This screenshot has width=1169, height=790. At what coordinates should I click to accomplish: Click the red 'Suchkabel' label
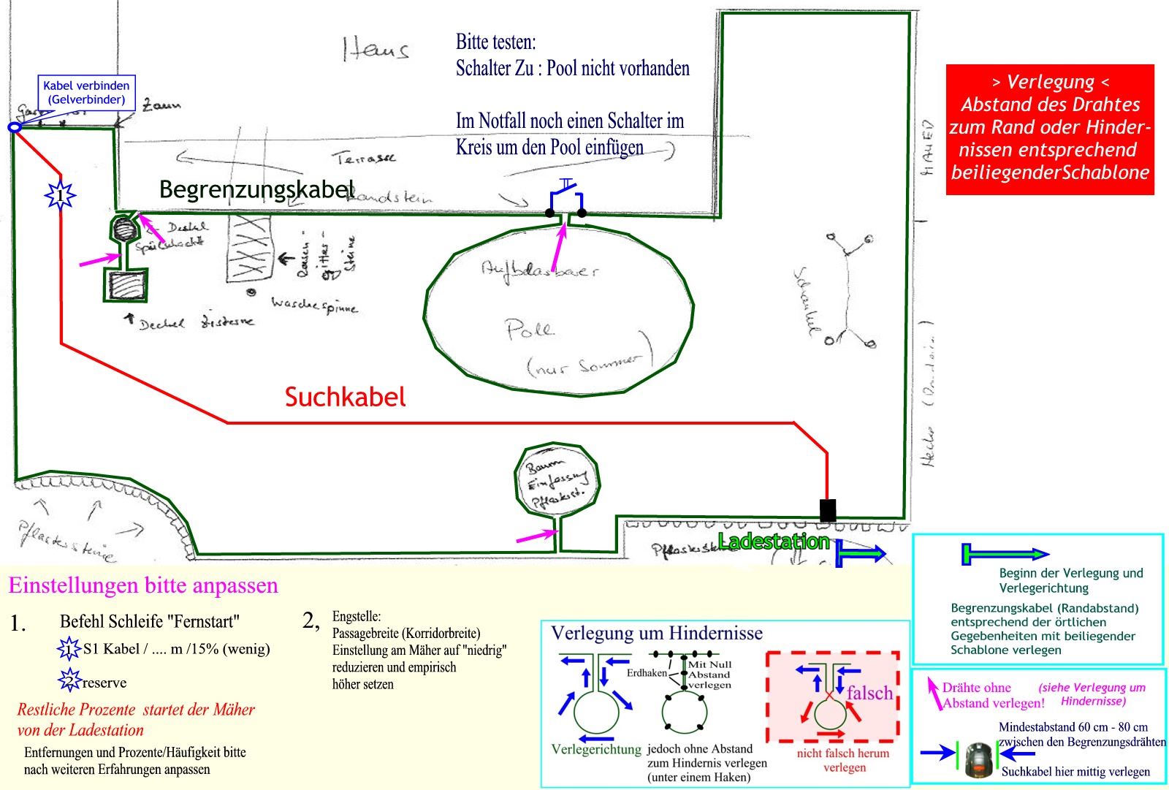[x=345, y=397]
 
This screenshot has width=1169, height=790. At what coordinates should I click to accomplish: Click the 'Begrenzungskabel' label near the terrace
[x=256, y=189]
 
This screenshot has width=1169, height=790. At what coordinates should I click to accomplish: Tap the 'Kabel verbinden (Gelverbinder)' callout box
[x=86, y=93]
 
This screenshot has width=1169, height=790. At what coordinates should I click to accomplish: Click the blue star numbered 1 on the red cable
[x=60, y=194]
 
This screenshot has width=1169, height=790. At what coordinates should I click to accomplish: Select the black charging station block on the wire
[x=827, y=510]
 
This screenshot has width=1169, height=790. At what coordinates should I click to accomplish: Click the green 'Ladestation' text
[x=773, y=542]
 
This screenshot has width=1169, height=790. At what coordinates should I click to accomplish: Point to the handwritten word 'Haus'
[x=376, y=49]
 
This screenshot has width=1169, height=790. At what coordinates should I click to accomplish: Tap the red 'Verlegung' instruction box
[x=1050, y=129]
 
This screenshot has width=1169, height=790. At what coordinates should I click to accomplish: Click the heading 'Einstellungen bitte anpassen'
[x=143, y=585]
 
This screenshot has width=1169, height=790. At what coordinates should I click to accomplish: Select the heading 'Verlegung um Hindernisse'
[x=656, y=633]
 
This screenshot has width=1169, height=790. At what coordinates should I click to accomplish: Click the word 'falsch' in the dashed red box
[x=869, y=692]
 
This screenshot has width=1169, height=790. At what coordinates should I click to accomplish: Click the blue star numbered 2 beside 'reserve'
[x=69, y=680]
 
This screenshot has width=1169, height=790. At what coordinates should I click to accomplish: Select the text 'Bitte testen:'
[x=496, y=42]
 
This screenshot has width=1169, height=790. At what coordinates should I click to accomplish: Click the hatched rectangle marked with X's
[x=250, y=248]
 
